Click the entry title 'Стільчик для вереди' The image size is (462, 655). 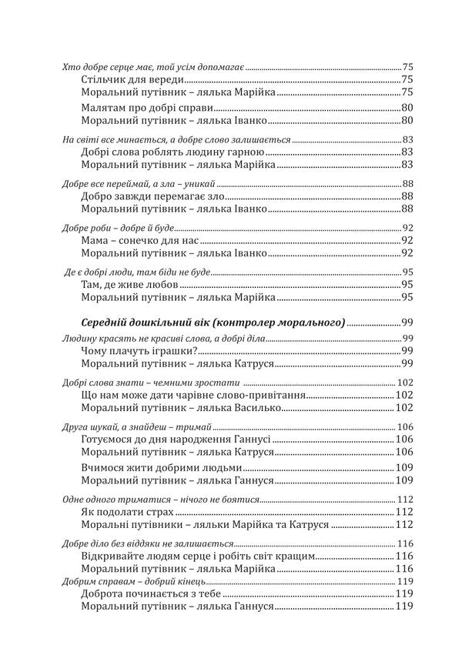click(132, 79)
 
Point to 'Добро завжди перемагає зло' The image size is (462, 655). click(151, 196)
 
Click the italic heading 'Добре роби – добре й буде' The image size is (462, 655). click(118, 228)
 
